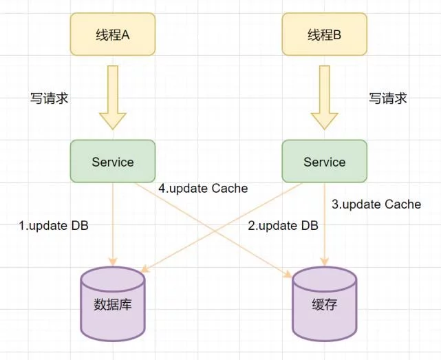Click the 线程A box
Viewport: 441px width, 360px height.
tap(113, 34)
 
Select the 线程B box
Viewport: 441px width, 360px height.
tap(324, 34)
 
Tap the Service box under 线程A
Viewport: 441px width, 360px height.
tap(113, 162)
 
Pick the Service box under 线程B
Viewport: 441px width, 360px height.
tap(324, 162)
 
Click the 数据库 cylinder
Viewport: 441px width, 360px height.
tap(113, 304)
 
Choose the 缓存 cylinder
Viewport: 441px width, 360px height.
tap(324, 304)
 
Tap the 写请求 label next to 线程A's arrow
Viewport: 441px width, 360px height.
tap(50, 98)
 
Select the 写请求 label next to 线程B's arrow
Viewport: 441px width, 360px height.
tap(388, 98)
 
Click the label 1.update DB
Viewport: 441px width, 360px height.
tap(54, 225)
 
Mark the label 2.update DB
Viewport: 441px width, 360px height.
tap(283, 225)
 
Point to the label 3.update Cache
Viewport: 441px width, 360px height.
tap(376, 204)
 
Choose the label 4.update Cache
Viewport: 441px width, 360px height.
tap(203, 188)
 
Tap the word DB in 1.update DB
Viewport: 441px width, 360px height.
tap(79, 225)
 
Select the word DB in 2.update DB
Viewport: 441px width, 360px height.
tap(308, 225)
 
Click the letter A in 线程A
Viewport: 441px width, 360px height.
tap(126, 34)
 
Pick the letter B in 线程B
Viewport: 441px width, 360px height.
tap(337, 34)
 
